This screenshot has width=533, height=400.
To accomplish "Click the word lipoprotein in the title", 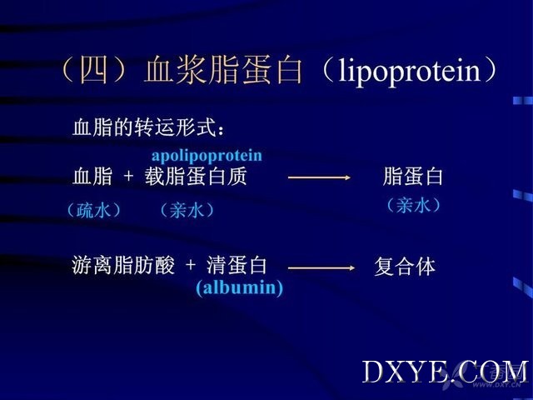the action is click(x=409, y=72).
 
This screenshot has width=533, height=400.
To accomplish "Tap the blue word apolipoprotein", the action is click(x=207, y=156).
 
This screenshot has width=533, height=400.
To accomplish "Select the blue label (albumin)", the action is click(x=240, y=287).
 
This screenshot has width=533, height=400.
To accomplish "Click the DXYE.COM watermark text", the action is click(x=445, y=372).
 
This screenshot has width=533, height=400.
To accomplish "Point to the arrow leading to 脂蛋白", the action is click(x=319, y=177).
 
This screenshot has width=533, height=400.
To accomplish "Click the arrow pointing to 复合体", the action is click(x=321, y=268).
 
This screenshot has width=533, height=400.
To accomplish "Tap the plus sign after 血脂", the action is click(x=128, y=177).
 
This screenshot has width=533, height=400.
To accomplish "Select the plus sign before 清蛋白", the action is click(x=191, y=265).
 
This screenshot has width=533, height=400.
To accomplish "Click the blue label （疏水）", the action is click(x=94, y=210).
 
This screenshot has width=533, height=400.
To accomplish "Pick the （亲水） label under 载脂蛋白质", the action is click(x=187, y=210).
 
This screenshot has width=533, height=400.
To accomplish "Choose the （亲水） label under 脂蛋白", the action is click(x=414, y=206).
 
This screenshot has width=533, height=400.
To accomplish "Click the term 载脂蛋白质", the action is click(x=196, y=177).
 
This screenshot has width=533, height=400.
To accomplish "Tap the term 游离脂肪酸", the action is click(x=123, y=265).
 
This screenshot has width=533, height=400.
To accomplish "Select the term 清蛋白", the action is click(x=237, y=265).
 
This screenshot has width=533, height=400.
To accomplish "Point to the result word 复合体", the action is click(x=405, y=267).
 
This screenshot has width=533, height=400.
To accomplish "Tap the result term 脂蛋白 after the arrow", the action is click(x=413, y=177).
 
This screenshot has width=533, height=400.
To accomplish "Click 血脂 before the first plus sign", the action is click(x=92, y=177).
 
